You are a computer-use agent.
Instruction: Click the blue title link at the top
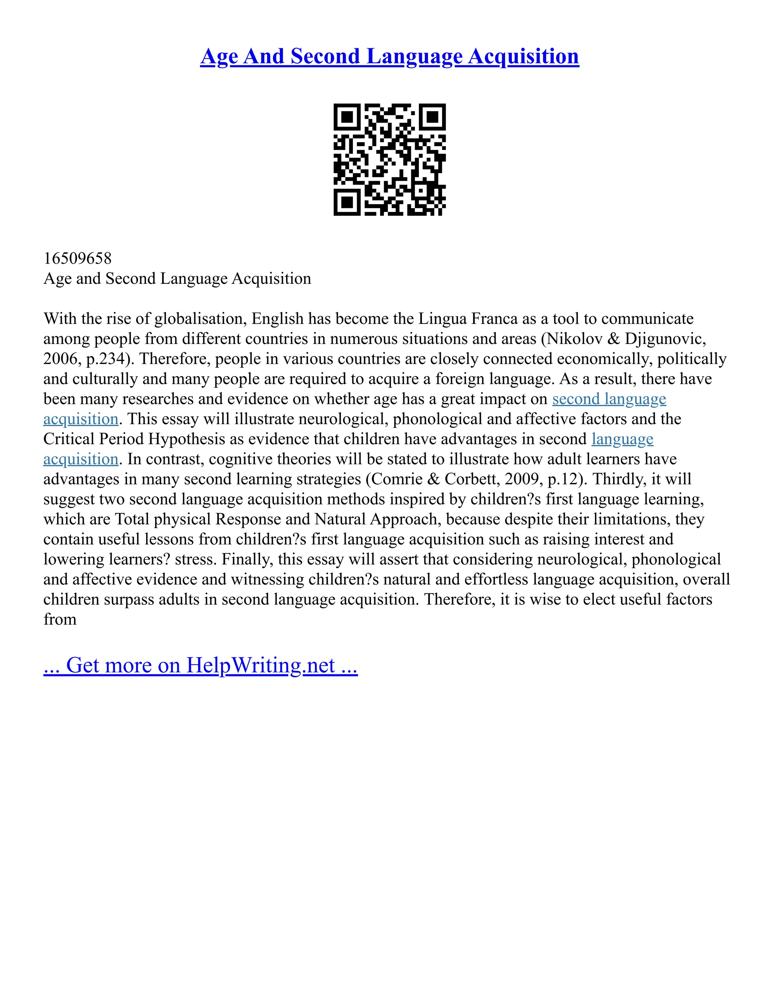pos(389,57)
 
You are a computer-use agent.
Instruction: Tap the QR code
pos(389,159)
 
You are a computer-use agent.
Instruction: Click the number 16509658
pos(78,258)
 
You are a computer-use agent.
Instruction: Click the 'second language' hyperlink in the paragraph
pos(609,399)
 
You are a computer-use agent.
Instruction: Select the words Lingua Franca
pos(468,319)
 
